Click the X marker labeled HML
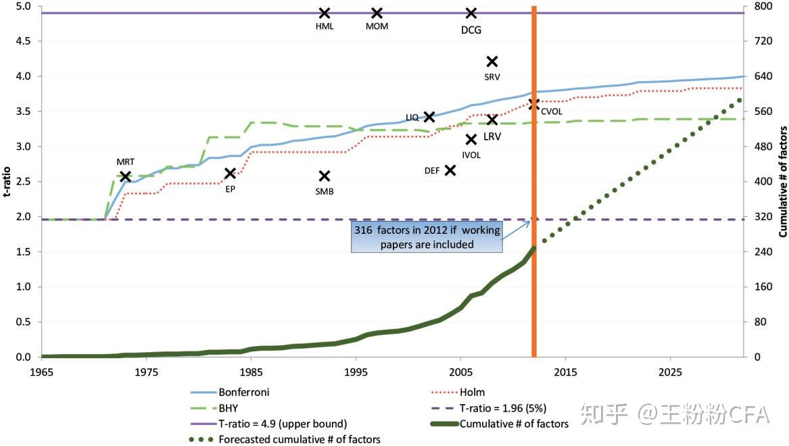pos(325,13)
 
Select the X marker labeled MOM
pos(377,13)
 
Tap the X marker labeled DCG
pos(471,13)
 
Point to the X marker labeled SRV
pos(492,61)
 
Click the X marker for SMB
pos(325,176)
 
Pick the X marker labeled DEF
pos(450,170)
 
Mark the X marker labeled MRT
pos(125,176)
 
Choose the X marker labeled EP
pos(230,174)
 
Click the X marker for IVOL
pos(471,140)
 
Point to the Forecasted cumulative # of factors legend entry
pos(300,439)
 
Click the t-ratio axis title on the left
pos(7,180)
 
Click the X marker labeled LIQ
pos(429,117)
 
